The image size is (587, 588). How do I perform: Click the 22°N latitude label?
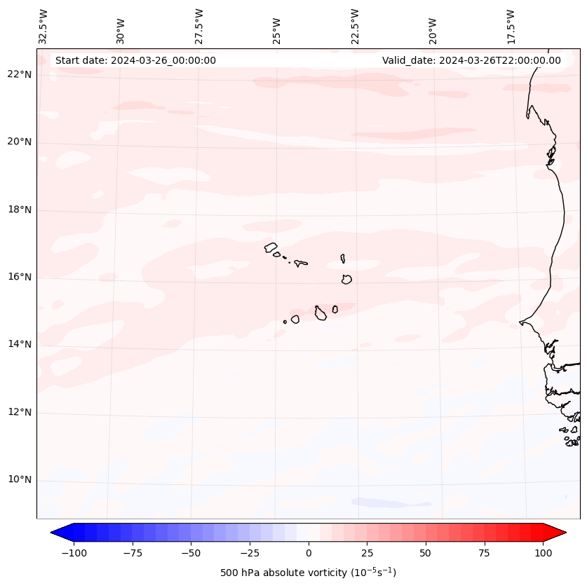(x=20, y=75)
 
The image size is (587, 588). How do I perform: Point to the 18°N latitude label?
(x=20, y=210)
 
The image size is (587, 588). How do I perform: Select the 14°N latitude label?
(x=20, y=344)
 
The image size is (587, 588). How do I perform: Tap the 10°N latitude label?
(x=20, y=480)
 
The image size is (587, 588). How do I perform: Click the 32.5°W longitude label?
(x=43, y=26)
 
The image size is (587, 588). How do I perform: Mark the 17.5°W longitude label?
(x=511, y=26)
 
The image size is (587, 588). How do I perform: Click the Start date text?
(x=135, y=60)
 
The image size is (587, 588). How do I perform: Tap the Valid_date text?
(x=471, y=60)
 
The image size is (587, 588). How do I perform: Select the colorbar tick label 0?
(x=309, y=553)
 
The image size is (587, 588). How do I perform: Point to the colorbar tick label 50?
(x=426, y=553)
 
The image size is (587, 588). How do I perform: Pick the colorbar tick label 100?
(x=543, y=553)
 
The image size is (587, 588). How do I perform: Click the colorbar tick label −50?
(x=191, y=553)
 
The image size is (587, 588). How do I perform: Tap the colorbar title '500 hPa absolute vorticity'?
(x=308, y=573)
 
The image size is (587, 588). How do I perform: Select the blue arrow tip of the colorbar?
(x=54, y=533)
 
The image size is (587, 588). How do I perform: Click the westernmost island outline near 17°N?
(x=271, y=247)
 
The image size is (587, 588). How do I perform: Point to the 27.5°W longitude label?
(x=199, y=26)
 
